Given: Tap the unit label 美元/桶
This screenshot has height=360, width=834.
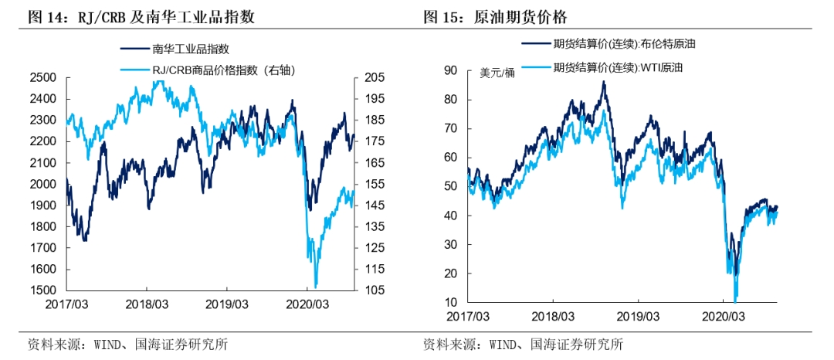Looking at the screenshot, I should coord(497,73).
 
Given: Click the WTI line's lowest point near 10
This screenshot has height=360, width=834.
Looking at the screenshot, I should coord(735,301).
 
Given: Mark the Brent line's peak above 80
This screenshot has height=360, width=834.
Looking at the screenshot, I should coord(603,82).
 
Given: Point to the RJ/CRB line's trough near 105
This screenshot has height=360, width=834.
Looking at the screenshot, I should coord(315,287).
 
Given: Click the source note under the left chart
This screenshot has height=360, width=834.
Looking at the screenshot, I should coord(127,345).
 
